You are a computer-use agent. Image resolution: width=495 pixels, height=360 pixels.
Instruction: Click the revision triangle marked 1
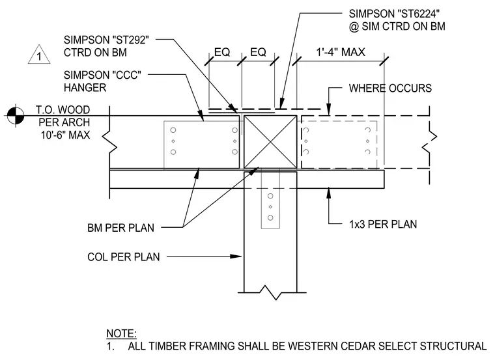click(39, 55)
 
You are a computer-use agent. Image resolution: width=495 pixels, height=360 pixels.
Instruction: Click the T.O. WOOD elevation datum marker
click(16, 116)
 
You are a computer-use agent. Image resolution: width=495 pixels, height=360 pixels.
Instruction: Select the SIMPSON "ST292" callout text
click(106, 40)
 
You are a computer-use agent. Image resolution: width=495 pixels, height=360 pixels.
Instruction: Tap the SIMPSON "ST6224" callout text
click(394, 14)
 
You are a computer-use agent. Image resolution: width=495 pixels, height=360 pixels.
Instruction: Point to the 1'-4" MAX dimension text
click(341, 52)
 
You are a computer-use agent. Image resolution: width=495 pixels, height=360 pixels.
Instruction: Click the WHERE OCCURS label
click(390, 89)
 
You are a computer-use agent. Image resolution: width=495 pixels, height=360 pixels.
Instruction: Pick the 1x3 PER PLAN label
click(383, 225)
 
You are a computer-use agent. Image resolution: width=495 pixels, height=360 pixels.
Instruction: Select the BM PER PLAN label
click(120, 228)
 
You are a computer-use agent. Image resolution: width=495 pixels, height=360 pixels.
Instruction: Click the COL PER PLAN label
click(124, 257)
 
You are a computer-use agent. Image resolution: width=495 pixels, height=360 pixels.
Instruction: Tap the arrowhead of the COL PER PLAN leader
click(236, 256)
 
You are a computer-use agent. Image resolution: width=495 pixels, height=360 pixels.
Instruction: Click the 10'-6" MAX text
click(65, 135)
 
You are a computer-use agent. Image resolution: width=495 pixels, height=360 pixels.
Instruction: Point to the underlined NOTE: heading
click(122, 333)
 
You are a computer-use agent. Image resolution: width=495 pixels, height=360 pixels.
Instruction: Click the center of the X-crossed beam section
click(270, 142)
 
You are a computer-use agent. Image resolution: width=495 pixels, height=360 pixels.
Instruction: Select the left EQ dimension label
click(222, 52)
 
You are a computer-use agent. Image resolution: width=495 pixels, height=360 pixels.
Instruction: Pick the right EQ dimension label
click(258, 52)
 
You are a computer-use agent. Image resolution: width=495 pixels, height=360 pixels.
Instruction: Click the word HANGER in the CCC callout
click(85, 88)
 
